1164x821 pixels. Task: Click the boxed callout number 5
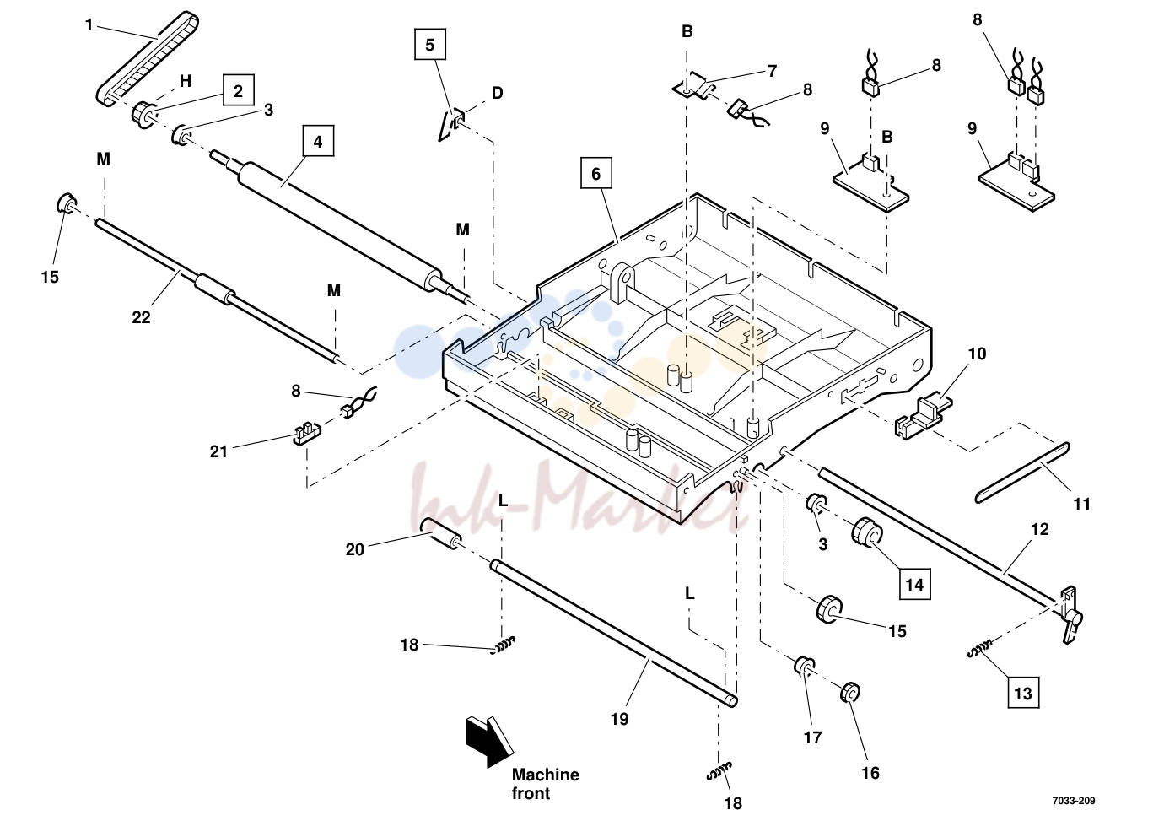[429, 44]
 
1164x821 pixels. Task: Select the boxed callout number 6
[595, 173]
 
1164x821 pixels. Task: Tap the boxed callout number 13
[1023, 693]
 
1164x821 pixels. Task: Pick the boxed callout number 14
[914, 585]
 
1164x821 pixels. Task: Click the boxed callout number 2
[239, 90]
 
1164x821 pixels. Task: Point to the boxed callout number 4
[318, 141]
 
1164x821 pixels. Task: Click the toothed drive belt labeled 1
[147, 59]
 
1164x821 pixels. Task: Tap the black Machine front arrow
[488, 742]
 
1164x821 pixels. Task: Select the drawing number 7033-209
[1074, 801]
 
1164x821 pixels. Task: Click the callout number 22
[141, 317]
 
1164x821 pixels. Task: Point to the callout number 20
[355, 549]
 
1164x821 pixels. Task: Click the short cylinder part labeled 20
[440, 534]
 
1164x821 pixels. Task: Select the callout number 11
[1082, 504]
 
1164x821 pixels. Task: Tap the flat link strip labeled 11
[1022, 473]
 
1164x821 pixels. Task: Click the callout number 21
[218, 451]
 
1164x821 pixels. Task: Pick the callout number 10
[977, 354]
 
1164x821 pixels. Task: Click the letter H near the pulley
[186, 81]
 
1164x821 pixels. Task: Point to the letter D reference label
[498, 93]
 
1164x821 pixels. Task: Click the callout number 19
[619, 719]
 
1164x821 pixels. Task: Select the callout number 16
[870, 773]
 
